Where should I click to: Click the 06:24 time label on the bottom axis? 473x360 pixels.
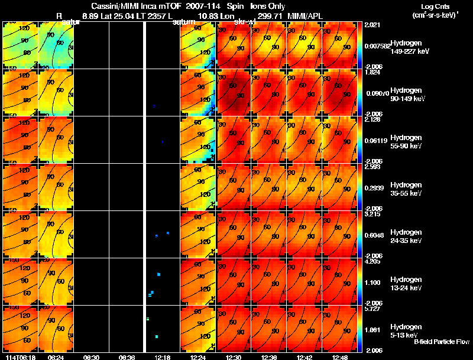click(x=56, y=357)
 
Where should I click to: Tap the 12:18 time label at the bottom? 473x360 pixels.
click(x=163, y=357)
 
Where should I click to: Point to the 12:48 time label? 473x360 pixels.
click(x=340, y=357)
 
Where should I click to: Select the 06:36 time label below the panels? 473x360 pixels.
click(x=127, y=357)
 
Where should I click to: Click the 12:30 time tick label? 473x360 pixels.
click(x=234, y=357)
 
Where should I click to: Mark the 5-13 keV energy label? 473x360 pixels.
click(x=404, y=335)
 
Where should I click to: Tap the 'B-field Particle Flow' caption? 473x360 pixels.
click(x=442, y=342)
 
